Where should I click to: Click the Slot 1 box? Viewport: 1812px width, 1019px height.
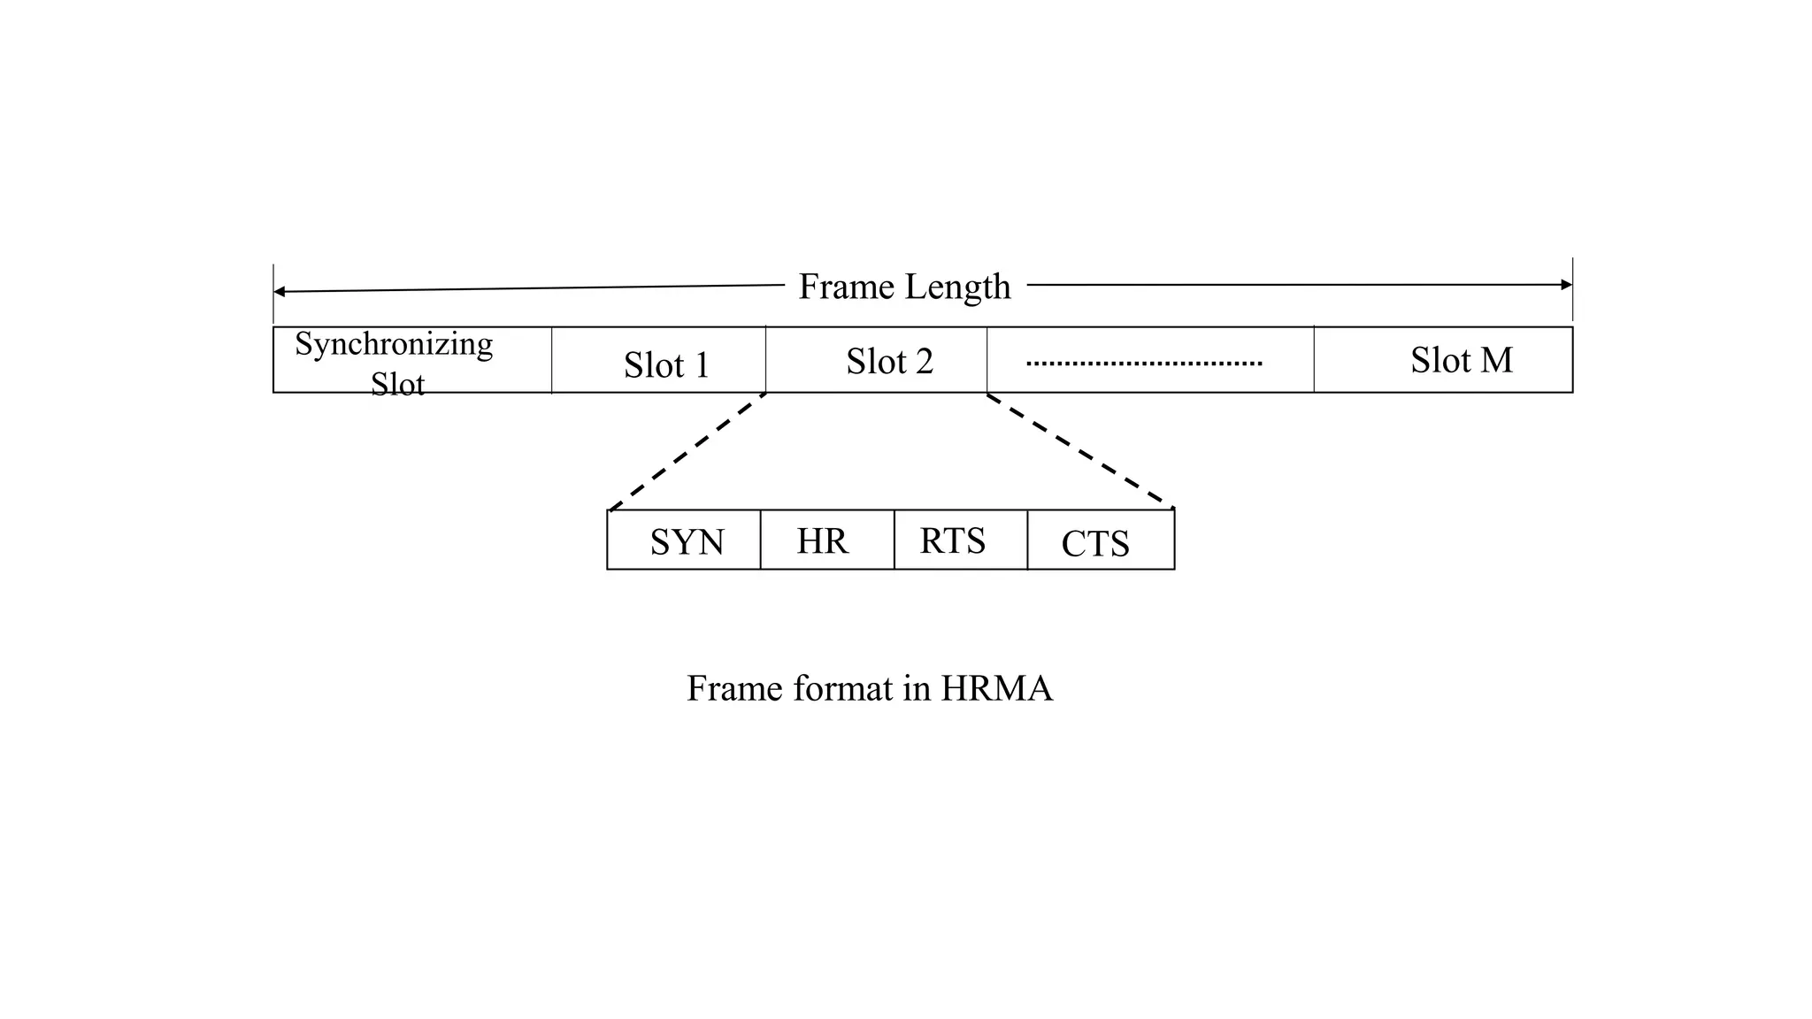659,361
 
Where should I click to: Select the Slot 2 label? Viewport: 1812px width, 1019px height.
889,362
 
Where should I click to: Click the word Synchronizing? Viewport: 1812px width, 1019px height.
394,344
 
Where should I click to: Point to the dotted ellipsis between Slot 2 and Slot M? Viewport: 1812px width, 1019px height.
1144,364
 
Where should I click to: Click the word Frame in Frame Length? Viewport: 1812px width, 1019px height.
846,287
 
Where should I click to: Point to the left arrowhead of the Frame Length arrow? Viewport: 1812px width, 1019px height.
279,292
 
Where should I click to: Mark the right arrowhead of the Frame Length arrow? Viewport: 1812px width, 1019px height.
1567,285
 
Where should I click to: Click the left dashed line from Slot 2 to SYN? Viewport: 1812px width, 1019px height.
687,452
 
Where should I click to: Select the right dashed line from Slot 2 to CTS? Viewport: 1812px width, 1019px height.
1081,451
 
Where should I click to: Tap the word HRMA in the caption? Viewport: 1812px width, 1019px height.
996,689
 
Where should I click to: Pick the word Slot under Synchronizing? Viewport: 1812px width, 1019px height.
397,384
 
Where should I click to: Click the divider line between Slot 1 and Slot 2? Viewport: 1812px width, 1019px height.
766,360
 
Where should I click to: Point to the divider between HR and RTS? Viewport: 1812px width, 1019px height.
894,540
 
